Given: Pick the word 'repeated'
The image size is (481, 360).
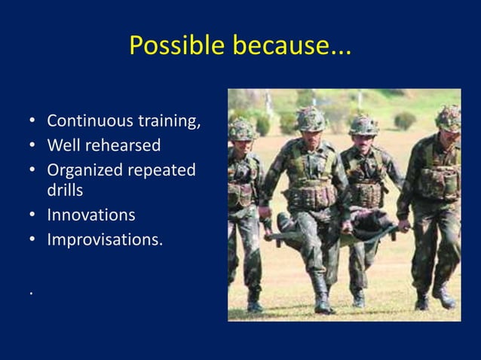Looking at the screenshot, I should pos(161,169).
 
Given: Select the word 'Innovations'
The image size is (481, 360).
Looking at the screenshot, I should pos(91,215).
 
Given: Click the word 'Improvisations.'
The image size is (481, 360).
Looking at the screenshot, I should pos(105,240).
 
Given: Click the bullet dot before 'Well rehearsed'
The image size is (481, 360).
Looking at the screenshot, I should pos(33,145).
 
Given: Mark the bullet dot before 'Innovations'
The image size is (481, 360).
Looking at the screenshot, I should pos(33,216).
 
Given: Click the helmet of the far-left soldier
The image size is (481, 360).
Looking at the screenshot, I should pos(242,129).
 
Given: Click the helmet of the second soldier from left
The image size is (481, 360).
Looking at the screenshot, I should pos(310,117).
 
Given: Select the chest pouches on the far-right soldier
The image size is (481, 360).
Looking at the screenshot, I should pos(442,182).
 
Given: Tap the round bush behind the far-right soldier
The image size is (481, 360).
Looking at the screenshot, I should pos(405,121).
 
